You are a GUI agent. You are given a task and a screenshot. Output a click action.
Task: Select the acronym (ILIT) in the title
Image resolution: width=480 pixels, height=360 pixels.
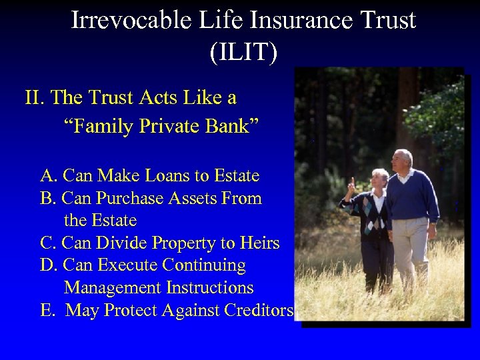pos(243,53)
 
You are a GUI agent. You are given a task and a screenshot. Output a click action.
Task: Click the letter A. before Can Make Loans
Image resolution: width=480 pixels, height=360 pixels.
pos(49,176)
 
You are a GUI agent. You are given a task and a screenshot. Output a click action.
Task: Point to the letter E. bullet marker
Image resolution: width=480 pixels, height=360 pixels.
pos(48,310)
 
